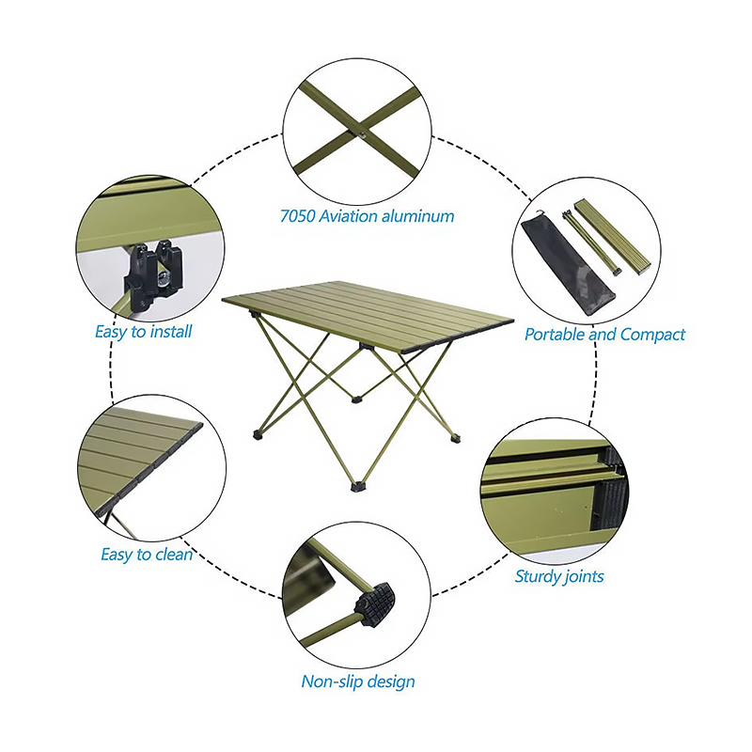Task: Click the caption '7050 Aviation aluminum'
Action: pyautogui.click(x=367, y=216)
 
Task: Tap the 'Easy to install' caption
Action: pyautogui.click(x=144, y=332)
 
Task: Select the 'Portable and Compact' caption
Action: pyautogui.click(x=604, y=335)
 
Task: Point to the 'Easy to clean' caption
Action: pyautogui.click(x=147, y=555)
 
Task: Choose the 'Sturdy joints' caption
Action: pyautogui.click(x=559, y=576)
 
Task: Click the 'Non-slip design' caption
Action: pyautogui.click(x=358, y=681)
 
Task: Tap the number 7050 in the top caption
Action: pyautogui.click(x=298, y=216)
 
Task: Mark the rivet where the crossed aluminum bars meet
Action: pyautogui.click(x=363, y=134)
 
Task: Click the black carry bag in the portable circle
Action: pyautogui.click(x=566, y=266)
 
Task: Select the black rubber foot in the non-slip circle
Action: pyautogui.click(x=375, y=603)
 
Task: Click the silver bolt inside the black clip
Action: pyautogui.click(x=164, y=278)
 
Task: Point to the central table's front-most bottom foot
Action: pyautogui.click(x=358, y=487)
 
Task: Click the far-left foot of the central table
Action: pyautogui.click(x=258, y=435)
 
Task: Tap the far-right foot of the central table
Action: pyautogui.click(x=455, y=438)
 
